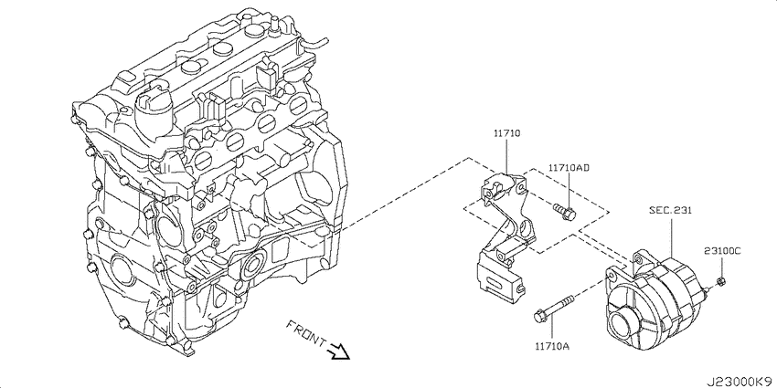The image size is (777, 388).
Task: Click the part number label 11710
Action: (506, 133)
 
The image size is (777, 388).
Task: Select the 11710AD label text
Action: (569, 168)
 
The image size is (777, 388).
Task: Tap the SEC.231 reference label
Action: (670, 210)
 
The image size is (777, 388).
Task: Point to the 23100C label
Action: (722, 251)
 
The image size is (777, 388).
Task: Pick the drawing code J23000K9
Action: (740, 382)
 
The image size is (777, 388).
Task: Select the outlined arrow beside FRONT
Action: (339, 351)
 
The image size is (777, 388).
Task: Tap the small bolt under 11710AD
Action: (564, 211)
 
